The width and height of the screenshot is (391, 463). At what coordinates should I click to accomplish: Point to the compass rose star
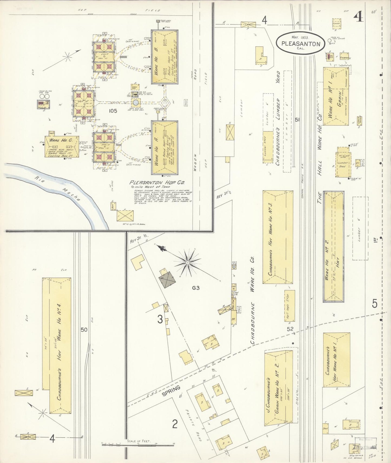coord(187,262)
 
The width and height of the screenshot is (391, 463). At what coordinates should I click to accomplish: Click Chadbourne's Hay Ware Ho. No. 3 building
coord(278,237)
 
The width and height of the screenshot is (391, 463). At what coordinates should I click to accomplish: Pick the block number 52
coord(290,329)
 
